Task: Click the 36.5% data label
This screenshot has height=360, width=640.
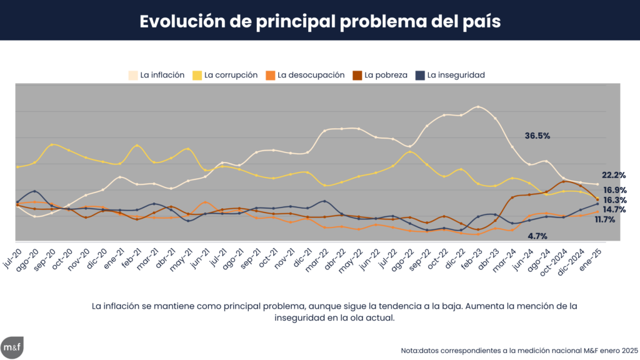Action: (x=537, y=136)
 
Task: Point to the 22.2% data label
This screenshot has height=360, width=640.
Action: (x=614, y=175)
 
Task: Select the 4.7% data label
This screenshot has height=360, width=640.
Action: (x=537, y=236)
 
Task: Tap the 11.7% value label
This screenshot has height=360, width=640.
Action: (x=605, y=220)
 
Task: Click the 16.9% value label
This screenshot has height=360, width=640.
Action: (x=615, y=190)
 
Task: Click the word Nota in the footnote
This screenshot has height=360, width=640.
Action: (x=411, y=351)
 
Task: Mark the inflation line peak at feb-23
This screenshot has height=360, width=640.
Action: (x=478, y=107)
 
